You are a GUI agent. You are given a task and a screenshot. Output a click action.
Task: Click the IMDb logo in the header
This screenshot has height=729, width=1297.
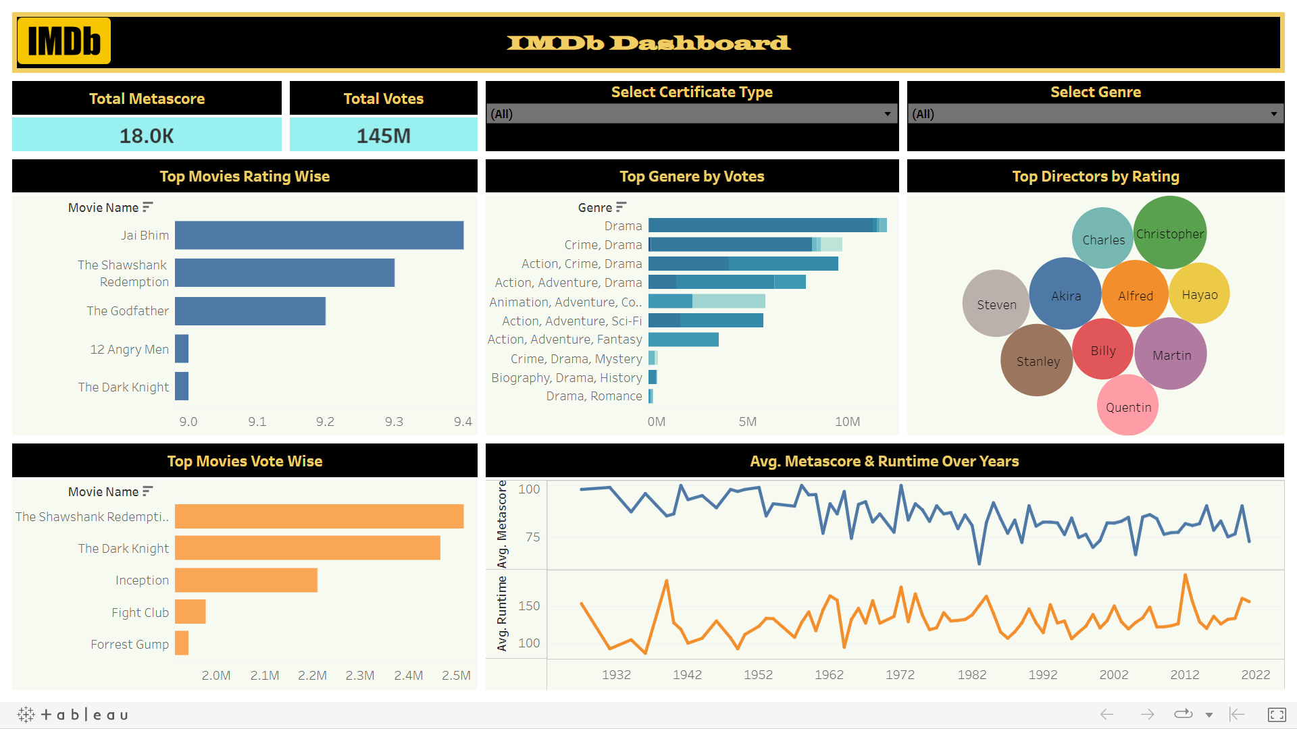[64, 41]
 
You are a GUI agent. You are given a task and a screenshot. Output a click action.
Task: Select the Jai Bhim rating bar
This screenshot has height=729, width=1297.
[319, 236]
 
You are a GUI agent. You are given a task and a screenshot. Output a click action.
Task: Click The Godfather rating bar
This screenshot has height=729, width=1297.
[250, 311]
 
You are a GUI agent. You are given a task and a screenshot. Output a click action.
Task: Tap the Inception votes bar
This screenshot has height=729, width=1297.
[246, 580]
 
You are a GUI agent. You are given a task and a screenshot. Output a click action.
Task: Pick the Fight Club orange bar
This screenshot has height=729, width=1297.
[190, 612]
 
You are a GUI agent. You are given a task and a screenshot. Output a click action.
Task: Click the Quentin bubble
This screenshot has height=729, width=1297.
[1127, 406]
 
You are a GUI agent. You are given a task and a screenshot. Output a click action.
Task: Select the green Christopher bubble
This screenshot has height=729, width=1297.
[1169, 233]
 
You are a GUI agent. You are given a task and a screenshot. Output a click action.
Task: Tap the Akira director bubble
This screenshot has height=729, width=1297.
[1065, 295]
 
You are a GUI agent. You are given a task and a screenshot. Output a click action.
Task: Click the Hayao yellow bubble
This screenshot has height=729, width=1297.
[1199, 294]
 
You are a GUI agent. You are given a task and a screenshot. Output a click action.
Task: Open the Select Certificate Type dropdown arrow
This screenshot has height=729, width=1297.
[887, 114]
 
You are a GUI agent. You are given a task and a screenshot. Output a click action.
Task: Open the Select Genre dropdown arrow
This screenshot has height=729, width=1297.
[1273, 114]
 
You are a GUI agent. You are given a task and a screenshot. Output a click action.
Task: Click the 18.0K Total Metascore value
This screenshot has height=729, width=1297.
[147, 136]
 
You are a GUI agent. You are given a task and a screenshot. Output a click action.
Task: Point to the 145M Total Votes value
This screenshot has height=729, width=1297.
[383, 136]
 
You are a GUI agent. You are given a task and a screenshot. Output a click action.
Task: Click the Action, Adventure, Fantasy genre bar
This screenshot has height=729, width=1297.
[683, 340]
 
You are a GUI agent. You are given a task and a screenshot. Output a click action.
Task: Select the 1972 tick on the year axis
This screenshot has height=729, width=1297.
[900, 675]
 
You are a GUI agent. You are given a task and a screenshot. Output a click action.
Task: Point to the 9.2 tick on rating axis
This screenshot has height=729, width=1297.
[325, 422]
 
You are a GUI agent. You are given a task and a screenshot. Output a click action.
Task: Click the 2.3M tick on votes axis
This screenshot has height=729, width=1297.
[359, 676]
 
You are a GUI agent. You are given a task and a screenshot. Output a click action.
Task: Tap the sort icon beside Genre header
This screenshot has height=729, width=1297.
[621, 207]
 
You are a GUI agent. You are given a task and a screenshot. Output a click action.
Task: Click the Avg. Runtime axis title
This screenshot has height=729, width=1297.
[501, 613]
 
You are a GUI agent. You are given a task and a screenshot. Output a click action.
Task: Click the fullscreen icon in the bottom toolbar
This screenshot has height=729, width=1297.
[1276, 714]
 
